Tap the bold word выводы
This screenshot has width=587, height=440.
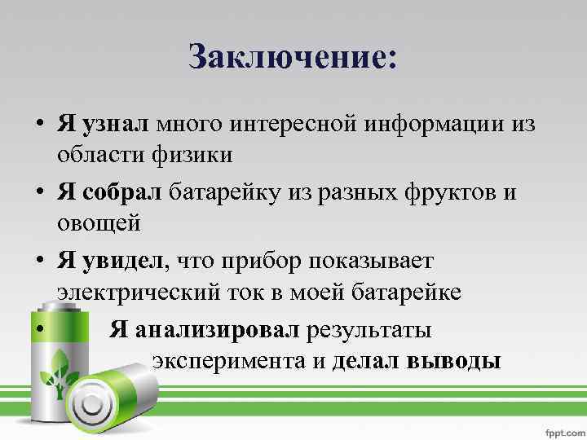(x=452, y=360)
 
